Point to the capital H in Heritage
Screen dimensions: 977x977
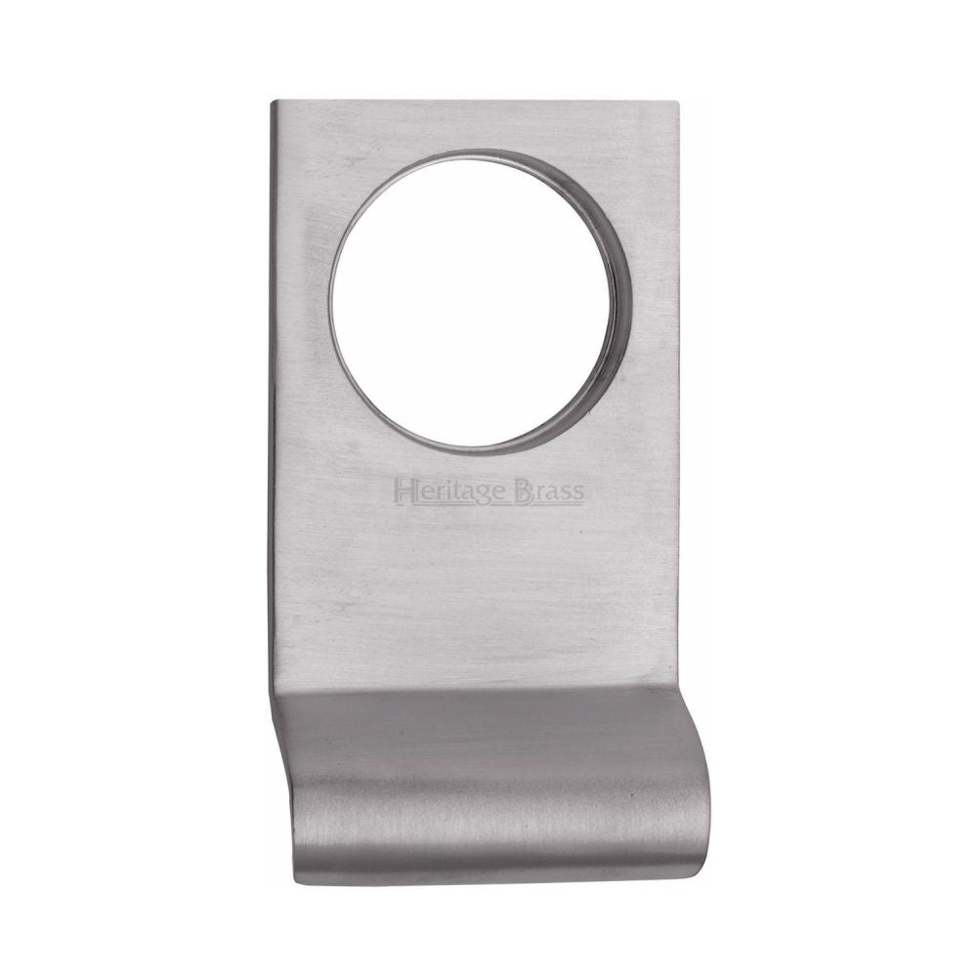click(402, 489)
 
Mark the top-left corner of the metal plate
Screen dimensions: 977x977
click(274, 100)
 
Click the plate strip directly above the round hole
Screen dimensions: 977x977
click(474, 125)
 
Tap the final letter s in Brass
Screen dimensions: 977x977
click(577, 493)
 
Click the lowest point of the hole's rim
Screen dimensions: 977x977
click(474, 453)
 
